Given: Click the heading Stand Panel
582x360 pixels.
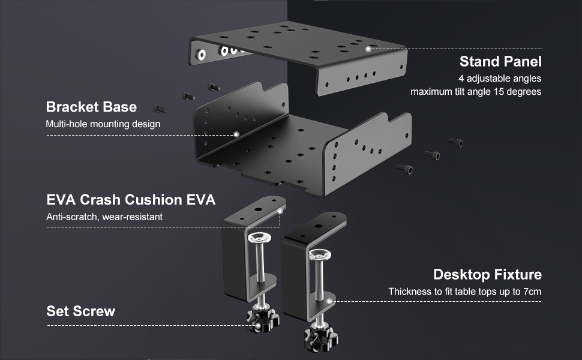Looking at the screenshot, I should [x=500, y=61].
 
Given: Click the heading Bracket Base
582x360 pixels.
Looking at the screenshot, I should [x=91, y=107].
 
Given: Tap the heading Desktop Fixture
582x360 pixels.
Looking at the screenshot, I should [x=487, y=275].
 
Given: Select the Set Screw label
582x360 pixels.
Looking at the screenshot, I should [x=80, y=311].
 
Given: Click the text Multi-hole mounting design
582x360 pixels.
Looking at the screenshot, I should [x=103, y=124].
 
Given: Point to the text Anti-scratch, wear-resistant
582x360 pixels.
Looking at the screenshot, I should [x=104, y=217].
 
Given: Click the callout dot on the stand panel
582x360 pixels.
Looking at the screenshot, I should [x=368, y=49].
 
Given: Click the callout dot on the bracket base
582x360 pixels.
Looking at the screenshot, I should [x=236, y=134].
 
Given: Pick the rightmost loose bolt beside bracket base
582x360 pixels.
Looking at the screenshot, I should [x=456, y=142].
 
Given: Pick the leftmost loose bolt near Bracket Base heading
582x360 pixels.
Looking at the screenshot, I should [x=160, y=109].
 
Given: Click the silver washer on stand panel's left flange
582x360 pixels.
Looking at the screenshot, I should [x=201, y=55].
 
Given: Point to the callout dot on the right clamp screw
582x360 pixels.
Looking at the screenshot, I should [x=330, y=301].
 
